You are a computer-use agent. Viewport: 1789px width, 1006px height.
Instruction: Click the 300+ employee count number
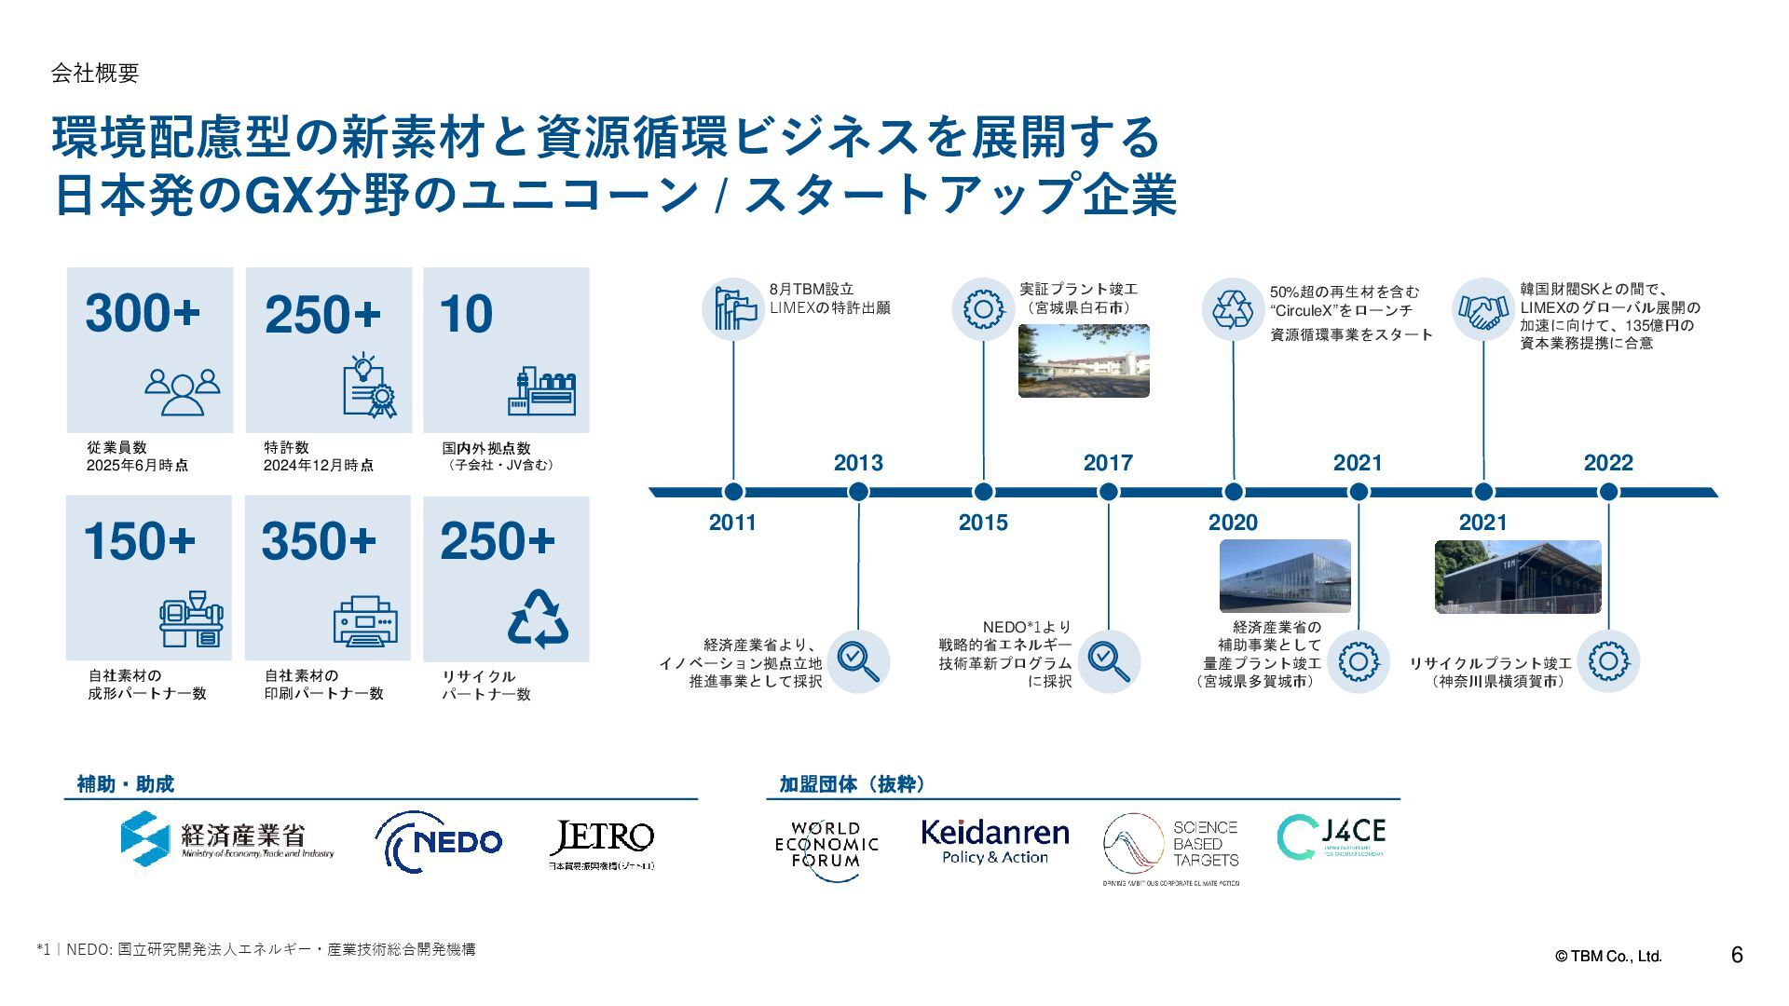coord(143,313)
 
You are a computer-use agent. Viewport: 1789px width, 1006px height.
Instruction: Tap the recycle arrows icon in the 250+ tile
coord(538,619)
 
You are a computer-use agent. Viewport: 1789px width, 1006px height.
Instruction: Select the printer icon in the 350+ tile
coord(365,621)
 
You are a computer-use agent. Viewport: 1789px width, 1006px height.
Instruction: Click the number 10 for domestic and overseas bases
coord(466,315)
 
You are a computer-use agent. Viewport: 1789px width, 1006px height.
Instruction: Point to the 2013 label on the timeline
coord(858,463)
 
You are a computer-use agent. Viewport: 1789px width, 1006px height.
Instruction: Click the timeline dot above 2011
coord(733,492)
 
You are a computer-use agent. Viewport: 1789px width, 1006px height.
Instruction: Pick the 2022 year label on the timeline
coord(1608,463)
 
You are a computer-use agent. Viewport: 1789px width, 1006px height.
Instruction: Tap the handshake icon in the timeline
coord(1482,309)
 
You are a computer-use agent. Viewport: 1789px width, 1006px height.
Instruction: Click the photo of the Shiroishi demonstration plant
coord(1084,360)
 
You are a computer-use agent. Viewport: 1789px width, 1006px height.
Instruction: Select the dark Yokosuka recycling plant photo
coord(1518,577)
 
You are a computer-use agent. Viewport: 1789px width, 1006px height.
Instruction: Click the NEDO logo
coord(439,841)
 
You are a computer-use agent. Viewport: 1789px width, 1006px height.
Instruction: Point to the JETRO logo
coord(602,843)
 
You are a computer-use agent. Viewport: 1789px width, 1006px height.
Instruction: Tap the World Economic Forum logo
coord(826,844)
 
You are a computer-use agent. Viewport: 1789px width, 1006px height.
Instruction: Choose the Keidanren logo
coord(995,841)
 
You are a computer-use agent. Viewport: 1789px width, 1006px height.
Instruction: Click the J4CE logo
coord(1331,837)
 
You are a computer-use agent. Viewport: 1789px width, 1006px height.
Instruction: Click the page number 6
coord(1737,955)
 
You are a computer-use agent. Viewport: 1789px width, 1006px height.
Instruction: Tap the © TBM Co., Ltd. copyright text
coord(1608,957)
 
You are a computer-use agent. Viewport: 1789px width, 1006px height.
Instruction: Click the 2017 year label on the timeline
coord(1108,463)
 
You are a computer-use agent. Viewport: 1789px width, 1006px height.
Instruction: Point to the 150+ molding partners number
coord(140,541)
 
